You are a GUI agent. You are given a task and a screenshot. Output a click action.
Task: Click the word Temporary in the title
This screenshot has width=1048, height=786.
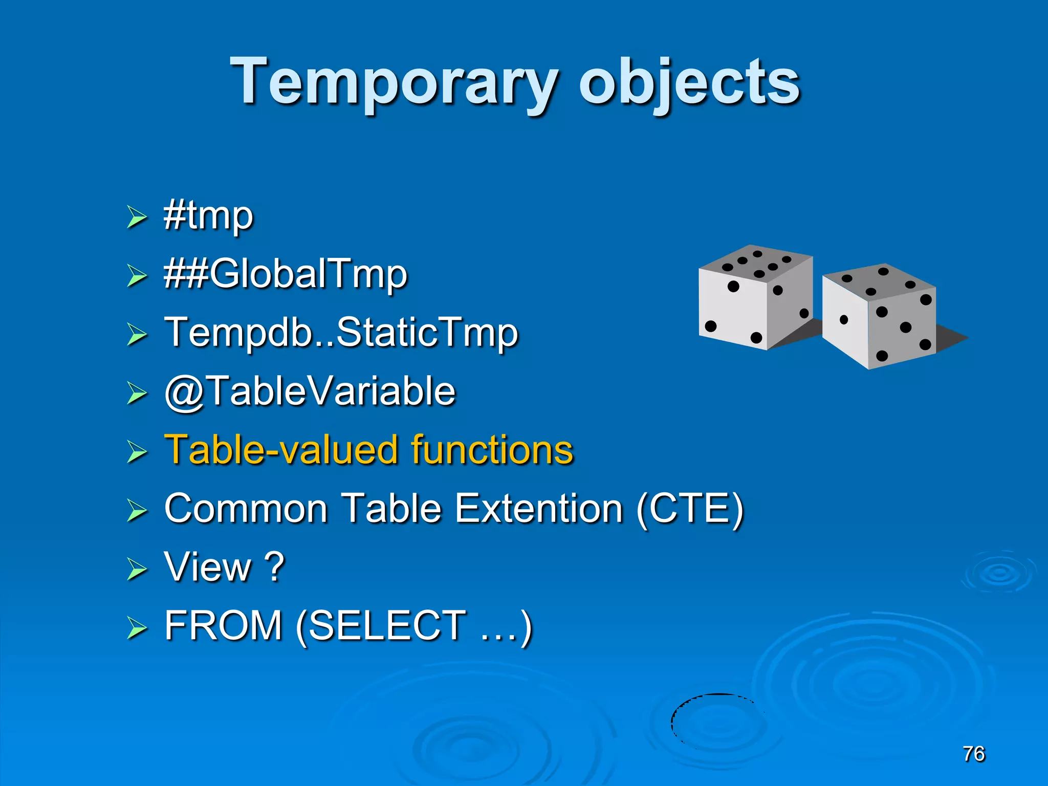click(394, 82)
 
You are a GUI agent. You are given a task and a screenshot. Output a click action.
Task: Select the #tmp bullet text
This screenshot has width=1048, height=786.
click(208, 216)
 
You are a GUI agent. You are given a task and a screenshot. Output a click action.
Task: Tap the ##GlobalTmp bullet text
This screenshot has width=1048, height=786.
click(286, 274)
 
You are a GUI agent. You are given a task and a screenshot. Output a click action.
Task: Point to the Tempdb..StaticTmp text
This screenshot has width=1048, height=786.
click(341, 333)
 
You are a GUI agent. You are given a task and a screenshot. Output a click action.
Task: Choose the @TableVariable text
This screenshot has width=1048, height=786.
click(310, 391)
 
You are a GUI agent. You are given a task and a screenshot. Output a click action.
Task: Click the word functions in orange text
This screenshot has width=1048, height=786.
click(492, 450)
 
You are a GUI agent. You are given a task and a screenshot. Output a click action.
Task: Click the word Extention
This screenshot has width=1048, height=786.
click(539, 509)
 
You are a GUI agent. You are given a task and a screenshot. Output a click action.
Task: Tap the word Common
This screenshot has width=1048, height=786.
click(246, 509)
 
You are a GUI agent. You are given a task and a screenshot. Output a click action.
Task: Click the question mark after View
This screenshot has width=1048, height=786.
click(275, 567)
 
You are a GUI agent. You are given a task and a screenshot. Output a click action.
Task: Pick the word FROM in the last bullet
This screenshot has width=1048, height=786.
click(223, 625)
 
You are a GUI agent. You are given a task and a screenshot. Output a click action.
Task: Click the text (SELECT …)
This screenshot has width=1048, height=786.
click(414, 626)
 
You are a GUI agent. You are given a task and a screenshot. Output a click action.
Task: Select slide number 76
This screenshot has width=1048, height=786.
click(973, 754)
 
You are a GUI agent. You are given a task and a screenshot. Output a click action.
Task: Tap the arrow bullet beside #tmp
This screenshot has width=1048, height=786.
click(137, 217)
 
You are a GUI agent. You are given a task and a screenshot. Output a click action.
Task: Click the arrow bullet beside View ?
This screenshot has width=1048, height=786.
click(137, 569)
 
